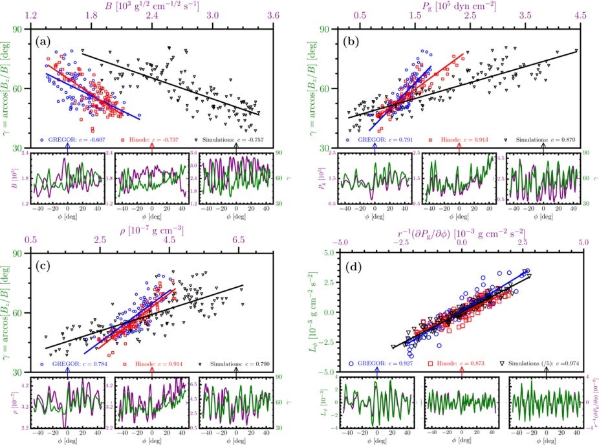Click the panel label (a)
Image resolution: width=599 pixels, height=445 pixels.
pyautogui.click(x=43, y=42)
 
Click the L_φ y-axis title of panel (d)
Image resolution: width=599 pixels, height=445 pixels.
pyautogui.click(x=310, y=313)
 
